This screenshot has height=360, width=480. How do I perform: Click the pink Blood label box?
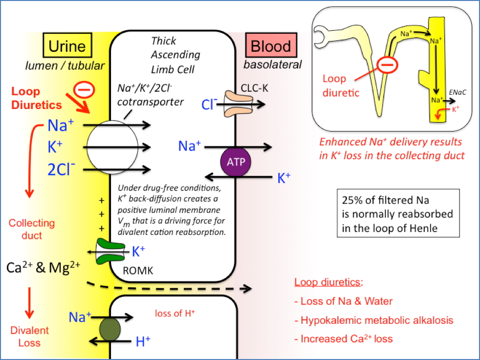pos(271,46)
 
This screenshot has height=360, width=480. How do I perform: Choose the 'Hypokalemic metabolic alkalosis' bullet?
pos(376,320)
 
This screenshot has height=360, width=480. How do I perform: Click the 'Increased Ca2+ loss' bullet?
pos(346,339)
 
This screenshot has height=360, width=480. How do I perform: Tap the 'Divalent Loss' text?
pos(29,337)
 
